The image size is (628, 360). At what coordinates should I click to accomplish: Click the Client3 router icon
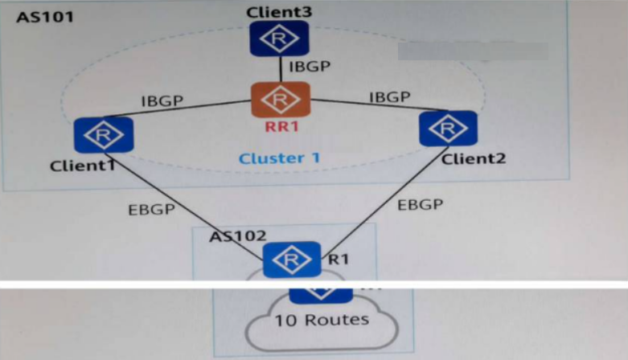(x=279, y=38)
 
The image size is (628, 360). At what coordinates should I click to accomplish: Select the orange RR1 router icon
(x=279, y=100)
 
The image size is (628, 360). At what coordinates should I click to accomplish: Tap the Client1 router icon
(x=102, y=136)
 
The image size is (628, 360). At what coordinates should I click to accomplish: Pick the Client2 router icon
(x=448, y=129)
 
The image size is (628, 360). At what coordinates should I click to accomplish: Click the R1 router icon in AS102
(x=292, y=260)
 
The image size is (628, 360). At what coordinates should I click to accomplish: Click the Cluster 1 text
(x=279, y=158)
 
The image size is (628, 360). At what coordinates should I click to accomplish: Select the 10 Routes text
(x=322, y=320)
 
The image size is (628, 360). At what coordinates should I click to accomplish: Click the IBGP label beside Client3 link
(x=309, y=66)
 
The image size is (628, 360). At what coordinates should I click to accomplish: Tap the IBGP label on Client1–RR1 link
(x=162, y=101)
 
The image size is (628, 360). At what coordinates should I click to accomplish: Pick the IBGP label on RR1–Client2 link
(x=389, y=97)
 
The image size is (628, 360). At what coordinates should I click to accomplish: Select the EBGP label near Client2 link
(x=420, y=204)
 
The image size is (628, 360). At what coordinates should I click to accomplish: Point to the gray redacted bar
(x=473, y=51)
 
